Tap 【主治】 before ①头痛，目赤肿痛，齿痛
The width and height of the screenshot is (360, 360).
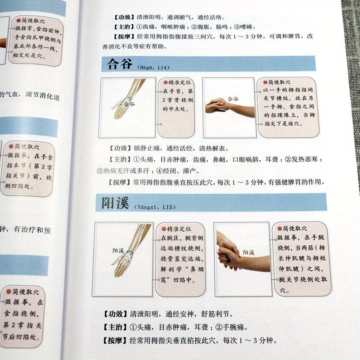pos(118,159)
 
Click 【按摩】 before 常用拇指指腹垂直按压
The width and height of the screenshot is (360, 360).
pos(118,182)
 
